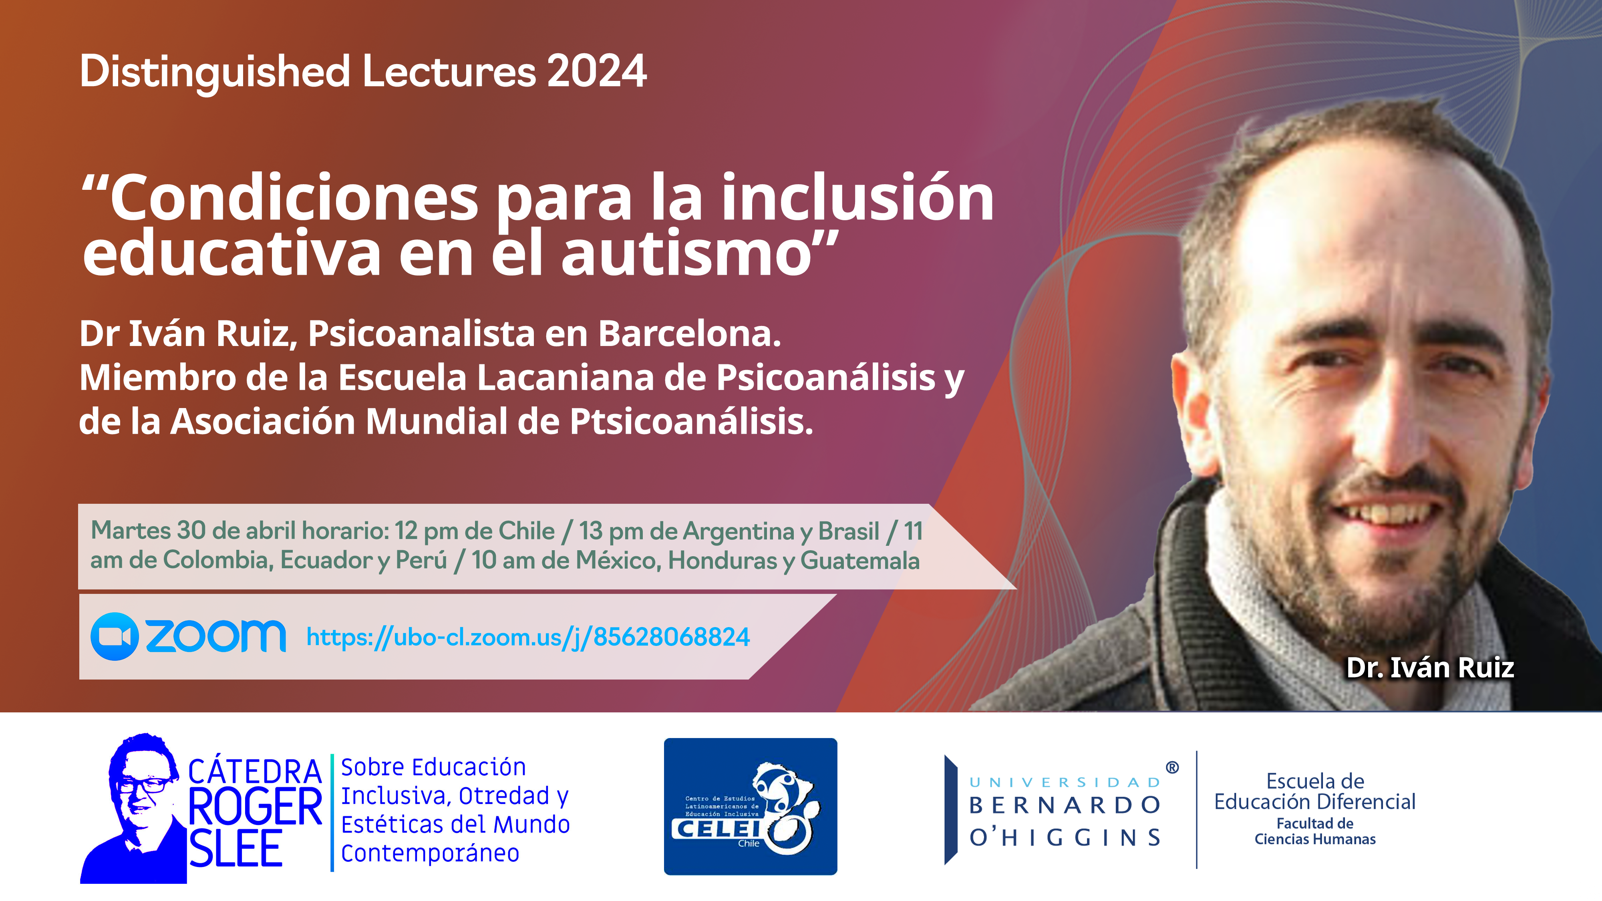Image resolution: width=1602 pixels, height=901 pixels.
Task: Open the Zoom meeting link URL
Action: (x=528, y=637)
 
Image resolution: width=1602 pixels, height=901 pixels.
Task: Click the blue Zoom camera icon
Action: (x=115, y=636)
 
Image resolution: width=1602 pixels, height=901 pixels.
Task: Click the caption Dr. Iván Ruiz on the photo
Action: (x=1430, y=668)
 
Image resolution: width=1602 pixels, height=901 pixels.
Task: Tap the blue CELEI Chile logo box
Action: (x=751, y=806)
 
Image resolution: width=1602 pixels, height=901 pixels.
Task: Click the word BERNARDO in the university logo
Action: (x=1065, y=805)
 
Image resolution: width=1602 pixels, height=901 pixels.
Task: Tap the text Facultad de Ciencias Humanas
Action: (x=1315, y=831)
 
